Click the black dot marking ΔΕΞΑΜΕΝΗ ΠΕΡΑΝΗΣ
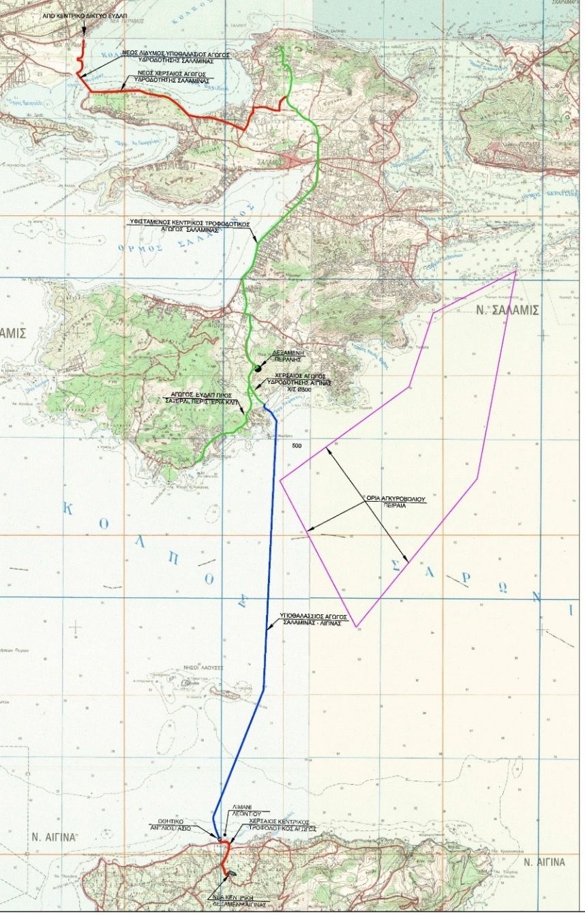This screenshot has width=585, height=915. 258,369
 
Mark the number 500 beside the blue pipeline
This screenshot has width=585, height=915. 296,447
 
